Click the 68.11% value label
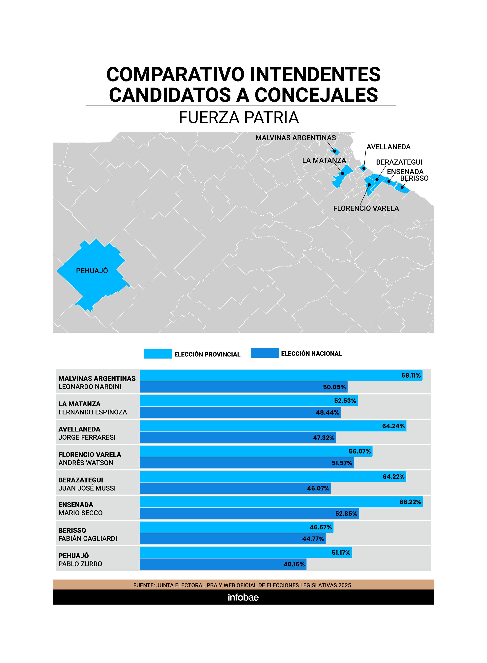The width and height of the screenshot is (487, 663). click(411, 375)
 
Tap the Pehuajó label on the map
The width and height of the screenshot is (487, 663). click(92, 271)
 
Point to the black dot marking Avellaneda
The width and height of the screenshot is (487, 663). click(364, 168)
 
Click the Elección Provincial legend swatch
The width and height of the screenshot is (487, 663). click(158, 354)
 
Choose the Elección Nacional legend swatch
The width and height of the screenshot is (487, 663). click(264, 353)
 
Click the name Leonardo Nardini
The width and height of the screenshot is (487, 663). click(90, 387)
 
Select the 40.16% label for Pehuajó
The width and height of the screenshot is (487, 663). click(294, 564)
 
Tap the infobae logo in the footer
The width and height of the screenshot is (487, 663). click(243, 597)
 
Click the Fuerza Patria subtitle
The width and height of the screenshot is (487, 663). click(239, 117)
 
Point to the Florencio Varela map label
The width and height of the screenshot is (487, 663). click(366, 208)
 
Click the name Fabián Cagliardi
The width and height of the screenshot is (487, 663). click(88, 539)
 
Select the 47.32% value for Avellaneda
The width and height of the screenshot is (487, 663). click(324, 438)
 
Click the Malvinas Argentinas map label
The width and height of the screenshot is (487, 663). click(295, 138)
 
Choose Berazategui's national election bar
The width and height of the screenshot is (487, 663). click(235, 488)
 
